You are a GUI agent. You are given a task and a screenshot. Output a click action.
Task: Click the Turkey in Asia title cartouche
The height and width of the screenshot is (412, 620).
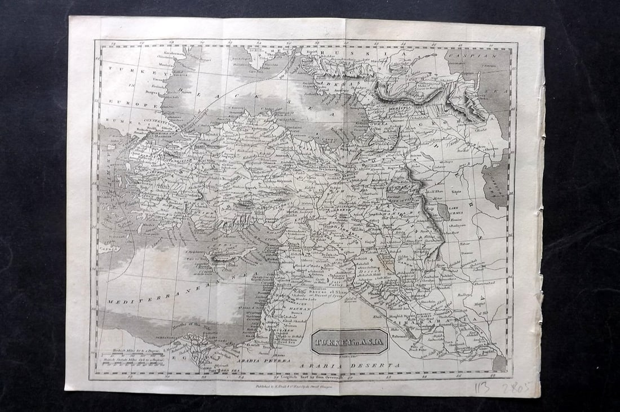[x=349, y=342]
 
